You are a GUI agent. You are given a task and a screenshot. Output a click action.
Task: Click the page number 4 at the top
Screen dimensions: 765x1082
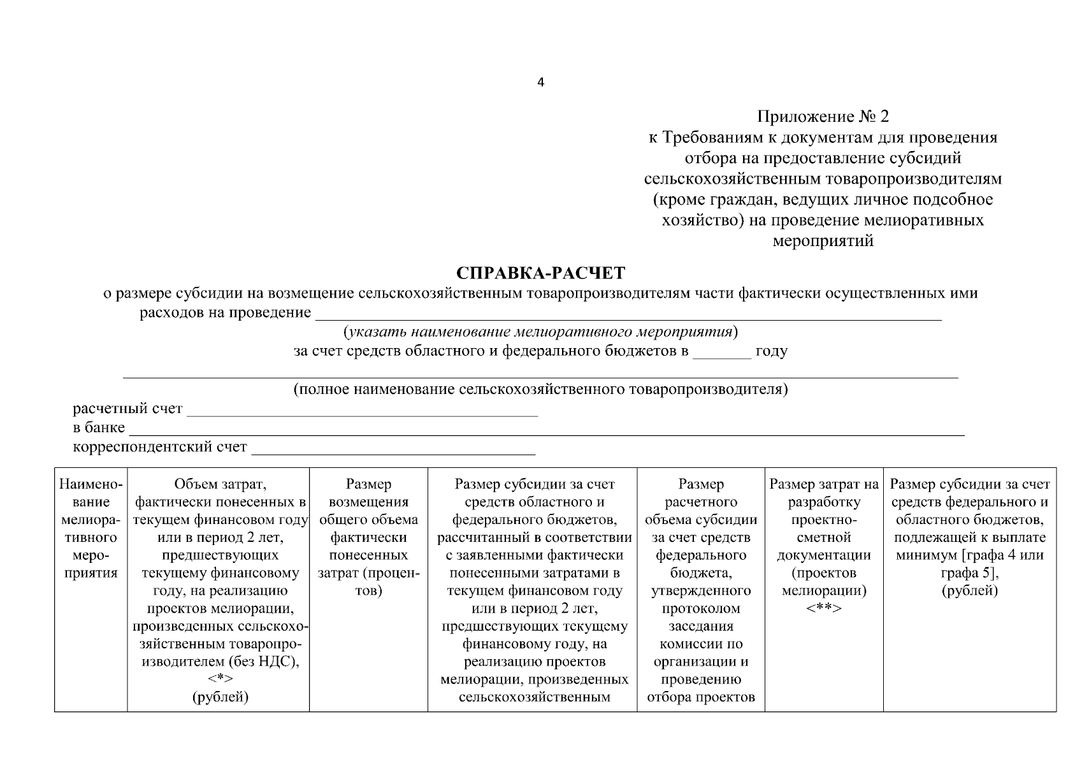(x=541, y=82)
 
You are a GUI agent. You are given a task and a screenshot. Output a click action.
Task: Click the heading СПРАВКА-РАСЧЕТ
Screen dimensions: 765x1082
(x=541, y=273)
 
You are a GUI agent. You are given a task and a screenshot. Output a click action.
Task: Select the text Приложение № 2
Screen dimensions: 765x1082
(x=823, y=117)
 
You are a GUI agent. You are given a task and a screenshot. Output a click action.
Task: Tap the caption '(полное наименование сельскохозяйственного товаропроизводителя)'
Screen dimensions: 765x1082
(x=540, y=390)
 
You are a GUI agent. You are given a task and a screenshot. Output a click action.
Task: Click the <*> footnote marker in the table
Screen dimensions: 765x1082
(x=220, y=680)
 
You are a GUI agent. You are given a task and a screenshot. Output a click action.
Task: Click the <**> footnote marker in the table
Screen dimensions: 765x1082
(x=823, y=609)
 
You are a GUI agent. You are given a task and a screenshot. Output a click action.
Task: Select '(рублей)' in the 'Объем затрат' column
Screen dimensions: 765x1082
(x=220, y=697)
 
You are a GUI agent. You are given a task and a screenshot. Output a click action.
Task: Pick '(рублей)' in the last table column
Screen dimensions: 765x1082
(x=969, y=591)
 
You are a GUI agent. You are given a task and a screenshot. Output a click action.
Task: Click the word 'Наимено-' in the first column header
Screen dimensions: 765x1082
(x=90, y=484)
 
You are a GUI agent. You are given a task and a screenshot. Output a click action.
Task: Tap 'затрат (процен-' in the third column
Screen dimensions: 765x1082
(x=368, y=573)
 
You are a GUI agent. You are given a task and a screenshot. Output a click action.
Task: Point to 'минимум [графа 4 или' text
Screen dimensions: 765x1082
(x=969, y=555)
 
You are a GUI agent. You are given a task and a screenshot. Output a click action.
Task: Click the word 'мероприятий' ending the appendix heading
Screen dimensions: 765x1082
(x=823, y=241)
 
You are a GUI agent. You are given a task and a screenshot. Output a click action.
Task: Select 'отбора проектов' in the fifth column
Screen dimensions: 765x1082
(x=701, y=697)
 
